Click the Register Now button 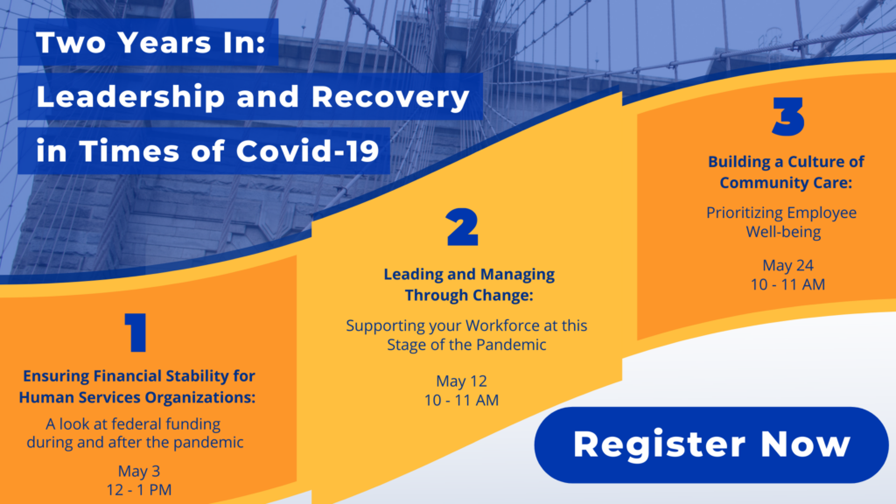point(711,444)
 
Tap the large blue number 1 point(136,332)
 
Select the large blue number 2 point(462,227)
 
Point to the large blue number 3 point(788,116)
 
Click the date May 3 point(139,471)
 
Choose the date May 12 point(461,381)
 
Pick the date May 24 point(788,266)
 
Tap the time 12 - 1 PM point(139,490)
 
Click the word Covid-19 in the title point(307,151)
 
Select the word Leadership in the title point(130,96)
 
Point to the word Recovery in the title point(390,97)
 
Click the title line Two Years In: point(150,42)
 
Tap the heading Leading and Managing point(469,275)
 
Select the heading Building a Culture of point(787,162)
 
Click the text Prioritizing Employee point(781,213)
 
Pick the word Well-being point(783,232)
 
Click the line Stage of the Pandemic point(466,345)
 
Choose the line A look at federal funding point(133,424)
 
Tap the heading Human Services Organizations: point(137,397)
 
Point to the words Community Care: point(786,183)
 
